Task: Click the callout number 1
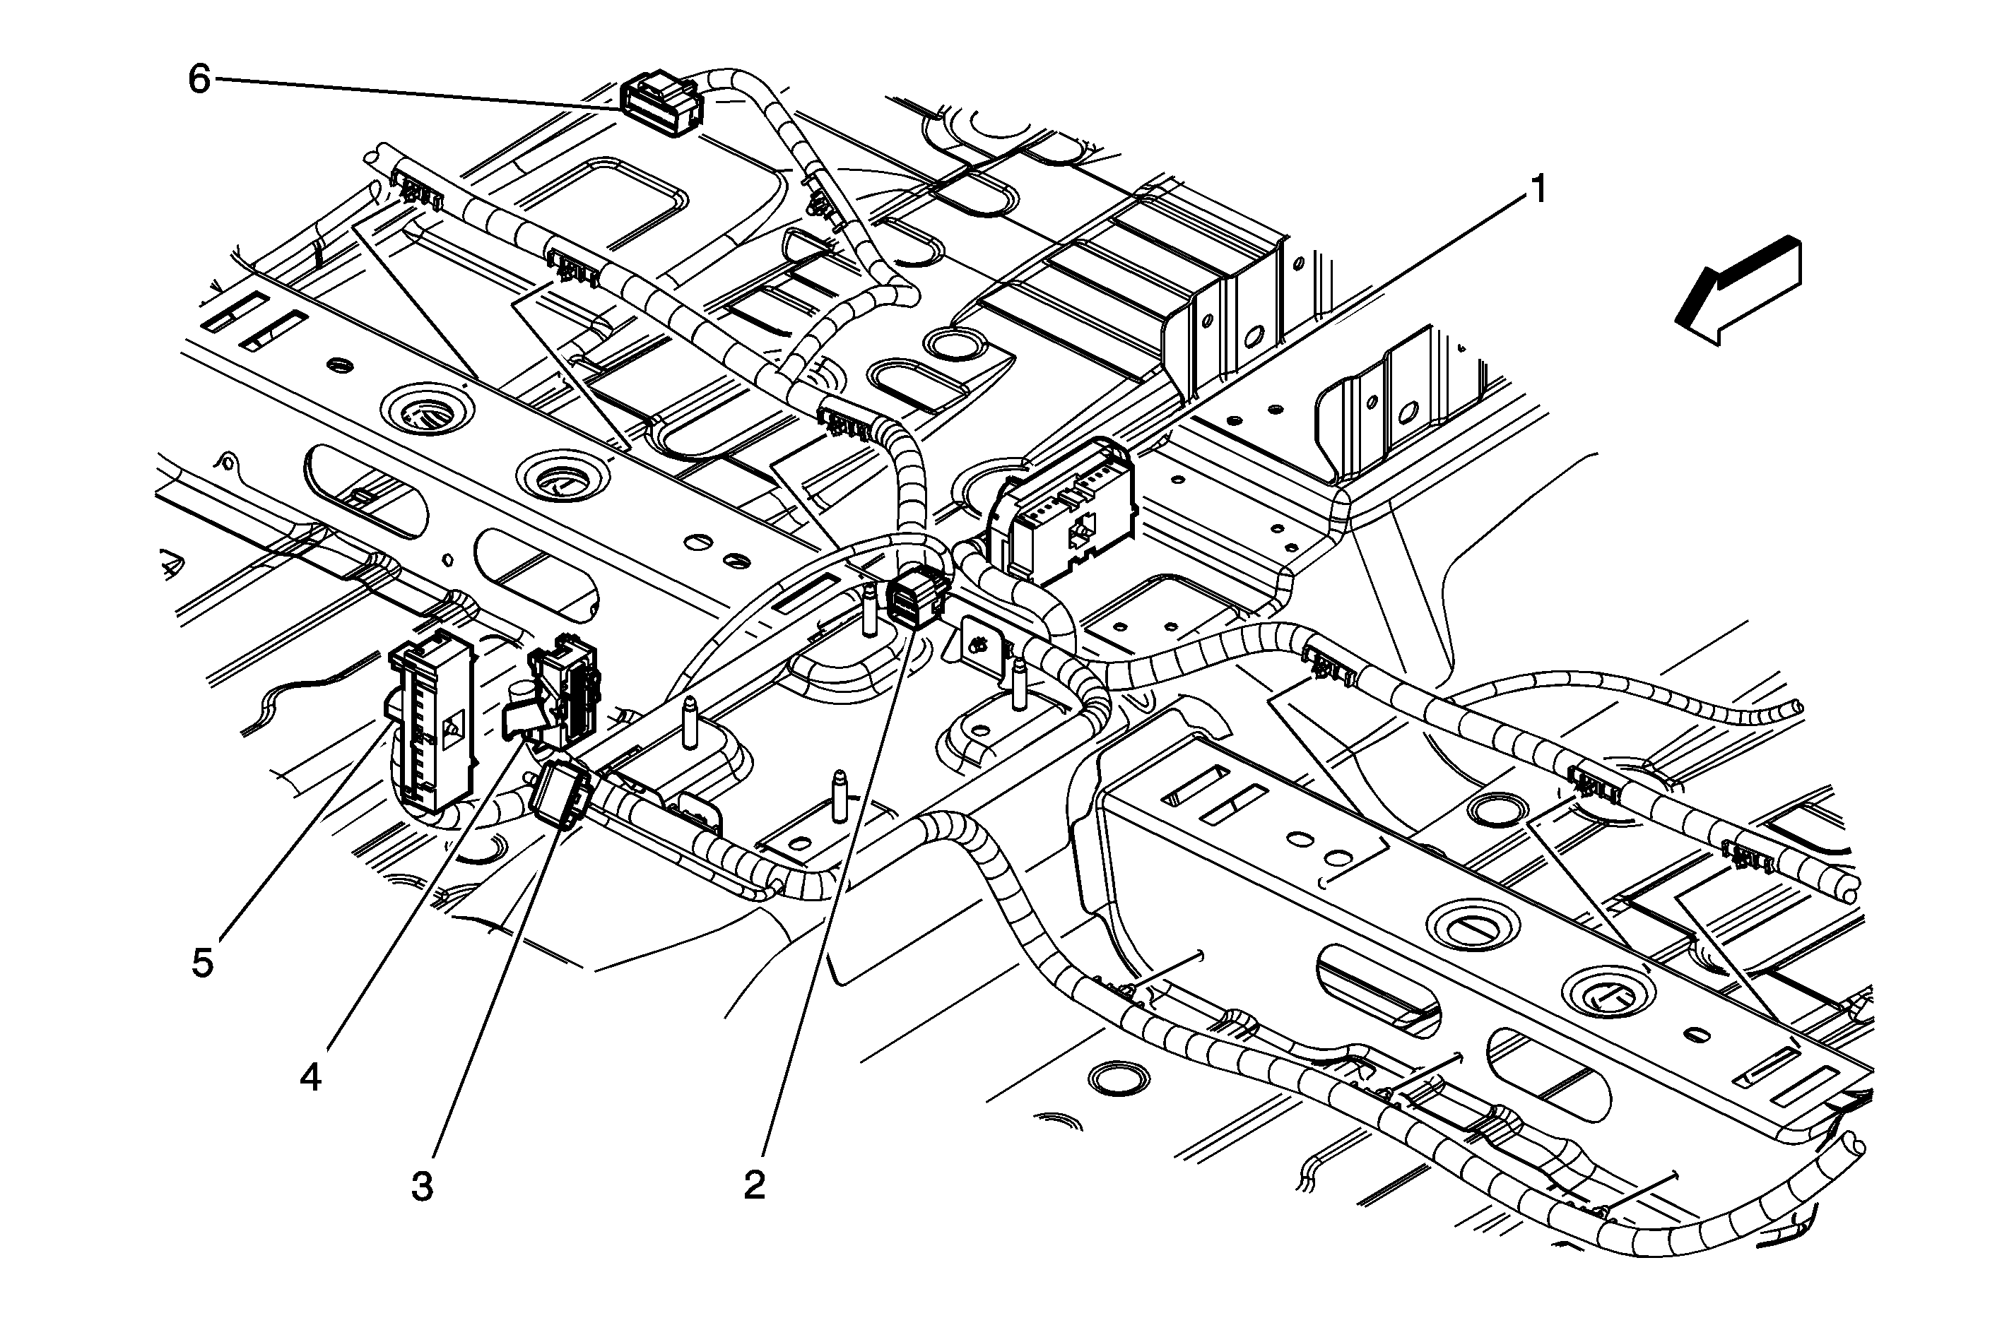(x=1539, y=189)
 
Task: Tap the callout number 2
(x=754, y=1185)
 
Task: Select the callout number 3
(x=423, y=1188)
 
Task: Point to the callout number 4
(x=310, y=1078)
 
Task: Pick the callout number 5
(x=202, y=963)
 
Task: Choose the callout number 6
(x=199, y=81)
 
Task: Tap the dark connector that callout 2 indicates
(x=917, y=595)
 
